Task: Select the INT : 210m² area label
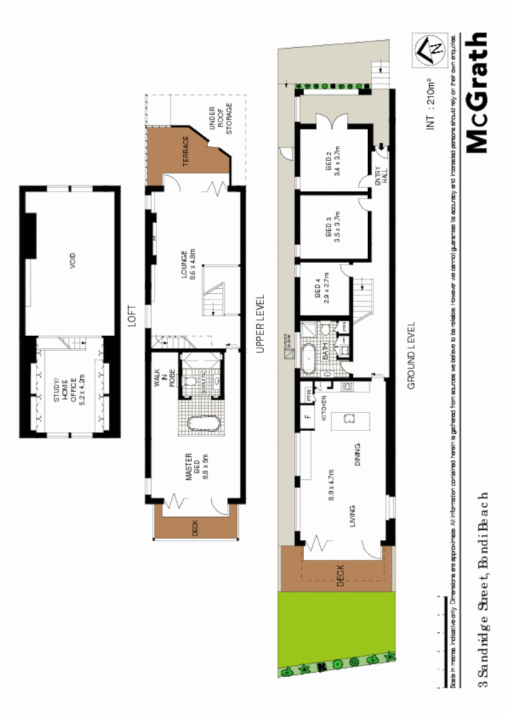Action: (431, 102)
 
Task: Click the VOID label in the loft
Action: (73, 263)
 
